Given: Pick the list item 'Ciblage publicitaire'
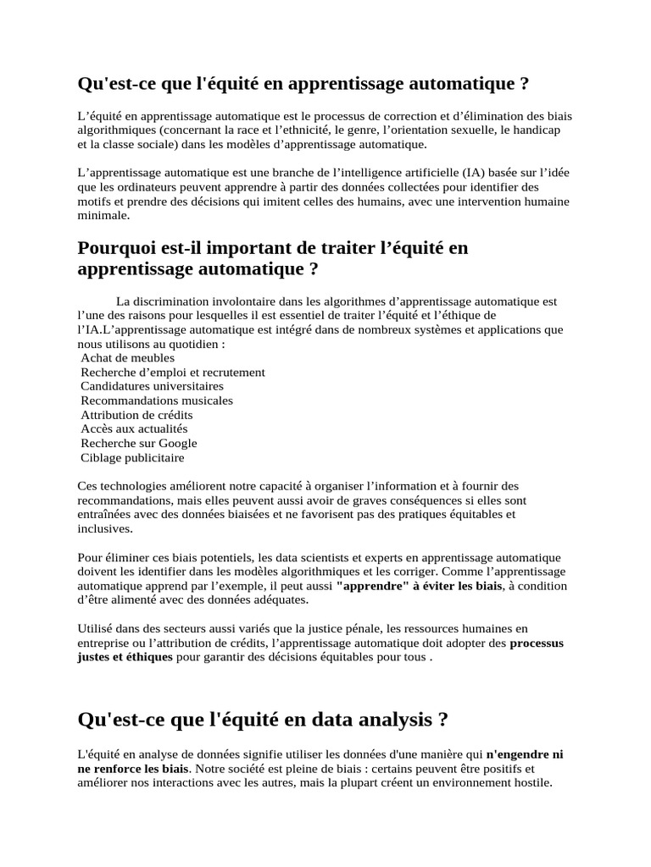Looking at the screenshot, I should click(x=132, y=458).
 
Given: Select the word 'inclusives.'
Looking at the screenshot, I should click(x=105, y=528).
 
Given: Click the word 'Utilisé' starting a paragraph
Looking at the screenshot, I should click(x=95, y=628).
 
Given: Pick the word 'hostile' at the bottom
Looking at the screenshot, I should click(x=530, y=783).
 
